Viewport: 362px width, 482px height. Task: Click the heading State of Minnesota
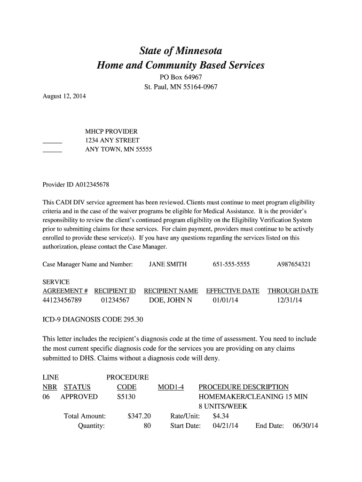pyautogui.click(x=181, y=51)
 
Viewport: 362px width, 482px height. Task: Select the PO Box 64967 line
pyautogui.click(x=181, y=77)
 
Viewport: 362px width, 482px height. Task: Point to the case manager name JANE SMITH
pyautogui.click(x=168, y=265)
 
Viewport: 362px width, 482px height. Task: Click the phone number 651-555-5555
pyautogui.click(x=231, y=265)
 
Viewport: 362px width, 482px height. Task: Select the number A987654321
pyautogui.click(x=294, y=265)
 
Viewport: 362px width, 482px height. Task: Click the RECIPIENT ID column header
pyautogui.click(x=115, y=291)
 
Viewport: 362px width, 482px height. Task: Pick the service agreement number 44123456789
pyautogui.click(x=65, y=300)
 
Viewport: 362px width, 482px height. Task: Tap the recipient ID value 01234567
pyautogui.click(x=115, y=300)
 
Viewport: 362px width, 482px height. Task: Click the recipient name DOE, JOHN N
pyautogui.click(x=170, y=300)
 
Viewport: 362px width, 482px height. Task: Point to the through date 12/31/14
pyautogui.click(x=290, y=300)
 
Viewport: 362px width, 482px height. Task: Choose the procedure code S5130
pyautogui.click(x=126, y=397)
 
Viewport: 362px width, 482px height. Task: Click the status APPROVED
pyautogui.click(x=79, y=397)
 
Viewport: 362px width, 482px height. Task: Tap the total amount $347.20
pyautogui.click(x=139, y=416)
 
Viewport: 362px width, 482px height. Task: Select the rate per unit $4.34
pyautogui.click(x=220, y=416)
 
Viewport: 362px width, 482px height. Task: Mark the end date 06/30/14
pyautogui.click(x=306, y=426)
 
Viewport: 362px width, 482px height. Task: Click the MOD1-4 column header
pyautogui.click(x=171, y=387)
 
